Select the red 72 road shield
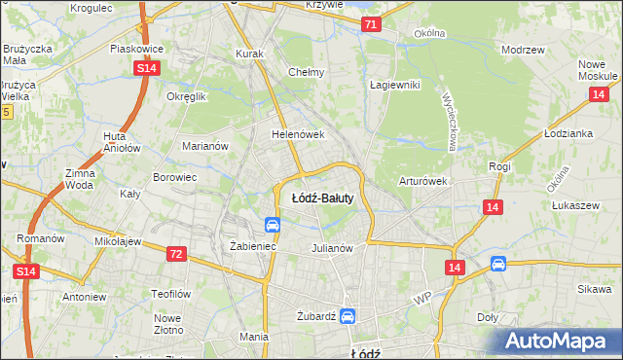coord(176,253)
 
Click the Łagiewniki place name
coord(394,85)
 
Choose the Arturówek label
coord(422,181)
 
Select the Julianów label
coord(331,247)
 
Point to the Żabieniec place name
coord(253,247)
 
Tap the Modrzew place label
coord(521,49)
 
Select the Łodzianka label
coord(568,133)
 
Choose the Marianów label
coord(204,146)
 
